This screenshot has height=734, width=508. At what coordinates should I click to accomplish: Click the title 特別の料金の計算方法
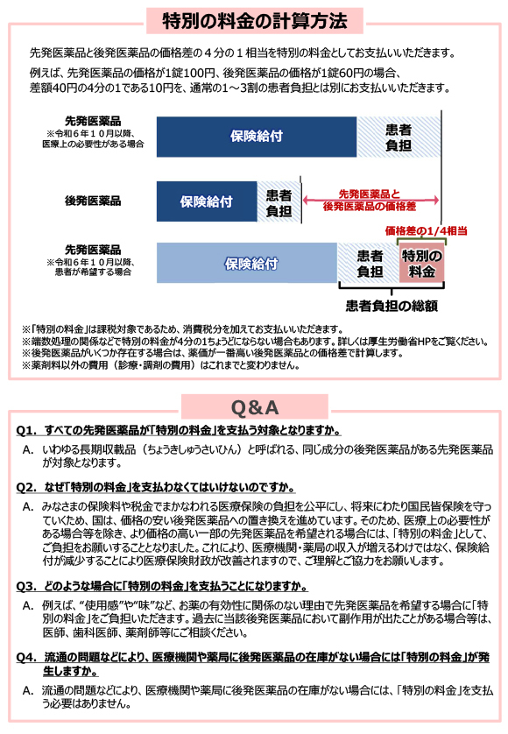254,19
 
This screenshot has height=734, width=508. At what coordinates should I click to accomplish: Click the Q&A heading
254,407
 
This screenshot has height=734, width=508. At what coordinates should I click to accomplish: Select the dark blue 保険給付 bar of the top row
257,136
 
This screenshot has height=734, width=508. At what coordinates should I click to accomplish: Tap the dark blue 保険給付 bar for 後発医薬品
206,201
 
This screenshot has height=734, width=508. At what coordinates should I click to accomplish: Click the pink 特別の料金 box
421,264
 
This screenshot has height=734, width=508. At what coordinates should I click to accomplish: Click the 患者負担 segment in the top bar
398,136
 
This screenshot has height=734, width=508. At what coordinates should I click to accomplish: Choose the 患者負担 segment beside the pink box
369,264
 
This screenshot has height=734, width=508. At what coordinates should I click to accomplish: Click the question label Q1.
27,431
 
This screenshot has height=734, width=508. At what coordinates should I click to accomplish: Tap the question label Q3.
27,586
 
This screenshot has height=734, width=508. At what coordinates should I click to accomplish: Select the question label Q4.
27,657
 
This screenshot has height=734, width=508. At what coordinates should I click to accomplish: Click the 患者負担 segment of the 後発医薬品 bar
279,201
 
